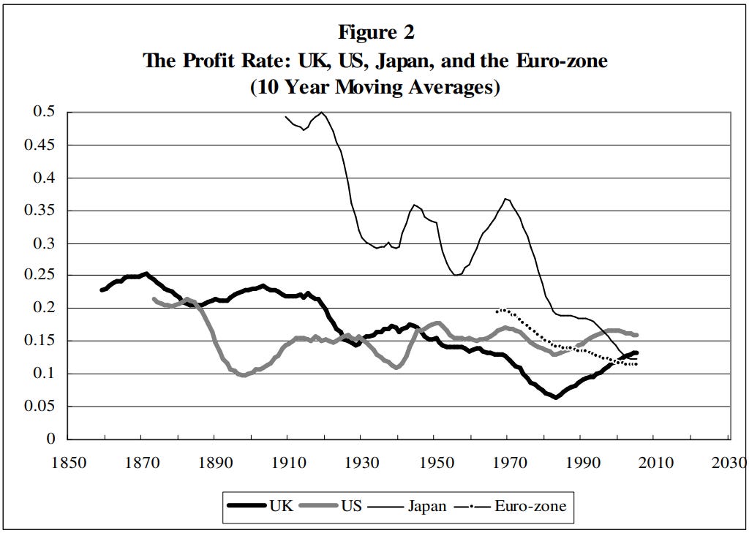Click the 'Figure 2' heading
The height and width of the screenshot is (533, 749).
(x=375, y=33)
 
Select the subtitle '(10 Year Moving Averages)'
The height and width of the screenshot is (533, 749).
(x=375, y=88)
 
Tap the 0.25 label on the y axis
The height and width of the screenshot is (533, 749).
(x=42, y=276)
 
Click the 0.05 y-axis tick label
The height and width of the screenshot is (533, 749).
(x=42, y=407)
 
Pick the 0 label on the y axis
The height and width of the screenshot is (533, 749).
(x=51, y=439)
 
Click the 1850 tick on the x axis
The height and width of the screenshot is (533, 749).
(x=67, y=464)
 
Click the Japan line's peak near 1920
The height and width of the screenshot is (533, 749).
(x=322, y=113)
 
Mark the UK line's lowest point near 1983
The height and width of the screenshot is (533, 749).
(x=556, y=398)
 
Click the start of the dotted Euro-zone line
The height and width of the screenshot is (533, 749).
(x=497, y=311)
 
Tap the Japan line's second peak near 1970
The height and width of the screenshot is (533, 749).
(x=505, y=198)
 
